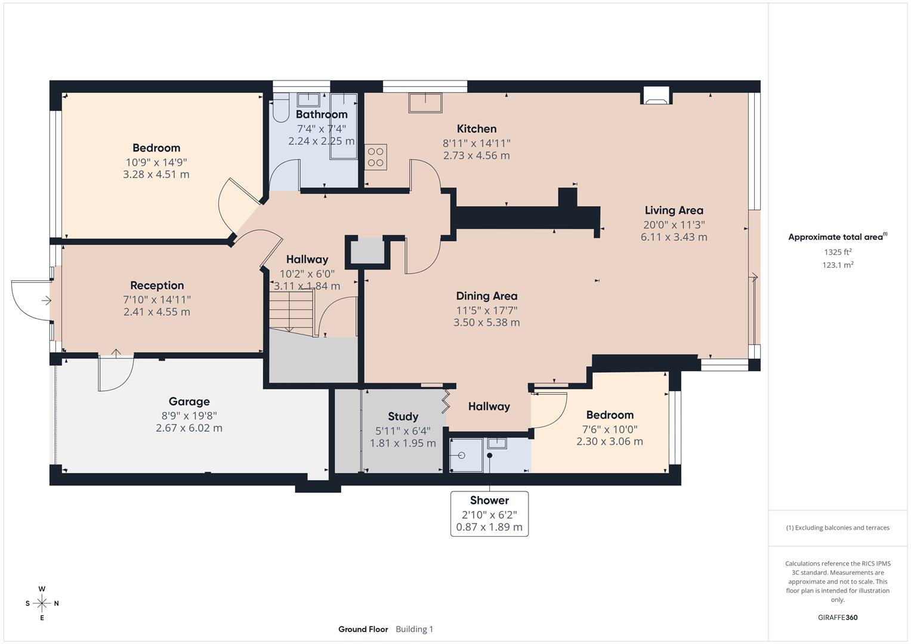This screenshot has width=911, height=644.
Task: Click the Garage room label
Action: [x=189, y=401]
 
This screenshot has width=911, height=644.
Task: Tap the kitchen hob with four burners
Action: [x=376, y=157]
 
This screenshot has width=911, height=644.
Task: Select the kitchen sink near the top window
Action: [x=425, y=103]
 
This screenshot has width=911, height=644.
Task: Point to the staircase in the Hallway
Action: [x=291, y=310]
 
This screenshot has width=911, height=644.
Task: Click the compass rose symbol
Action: [x=42, y=603]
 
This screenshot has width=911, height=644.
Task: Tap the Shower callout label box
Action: [x=489, y=513]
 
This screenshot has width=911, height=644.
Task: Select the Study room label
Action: [x=403, y=416]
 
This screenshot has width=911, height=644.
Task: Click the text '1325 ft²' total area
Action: [x=838, y=252]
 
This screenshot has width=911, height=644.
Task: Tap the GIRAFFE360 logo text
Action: [x=838, y=617]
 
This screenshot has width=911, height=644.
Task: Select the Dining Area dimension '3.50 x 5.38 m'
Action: [x=486, y=323]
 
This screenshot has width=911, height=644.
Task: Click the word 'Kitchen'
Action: [x=476, y=129]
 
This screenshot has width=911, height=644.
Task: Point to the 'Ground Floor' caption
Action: [x=363, y=629]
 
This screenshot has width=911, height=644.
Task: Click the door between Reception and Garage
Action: [x=115, y=373]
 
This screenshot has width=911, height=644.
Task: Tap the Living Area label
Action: [x=674, y=210]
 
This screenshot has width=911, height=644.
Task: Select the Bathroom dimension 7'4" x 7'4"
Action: [x=321, y=129]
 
